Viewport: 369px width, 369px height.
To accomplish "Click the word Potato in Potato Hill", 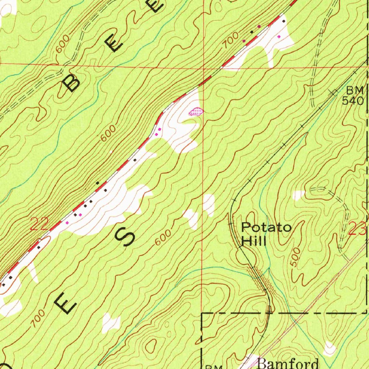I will pos(266,228).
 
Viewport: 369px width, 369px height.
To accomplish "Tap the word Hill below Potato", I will pos(254,241).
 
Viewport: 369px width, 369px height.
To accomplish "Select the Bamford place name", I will pos(288,363).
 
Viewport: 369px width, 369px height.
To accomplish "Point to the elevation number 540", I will pos(353,101).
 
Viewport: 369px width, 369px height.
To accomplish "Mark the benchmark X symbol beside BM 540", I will pos(334,93).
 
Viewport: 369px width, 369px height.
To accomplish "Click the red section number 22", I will pos(39,226).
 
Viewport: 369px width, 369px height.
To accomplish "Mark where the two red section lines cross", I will pos(203,67).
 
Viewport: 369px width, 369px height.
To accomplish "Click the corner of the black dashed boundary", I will pos(202,314).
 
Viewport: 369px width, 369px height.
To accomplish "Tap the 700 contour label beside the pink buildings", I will pos(230,40).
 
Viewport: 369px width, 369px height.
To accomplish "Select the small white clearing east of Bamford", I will pos(329,348).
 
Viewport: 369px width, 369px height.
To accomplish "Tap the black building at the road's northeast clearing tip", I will pos(284,21).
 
